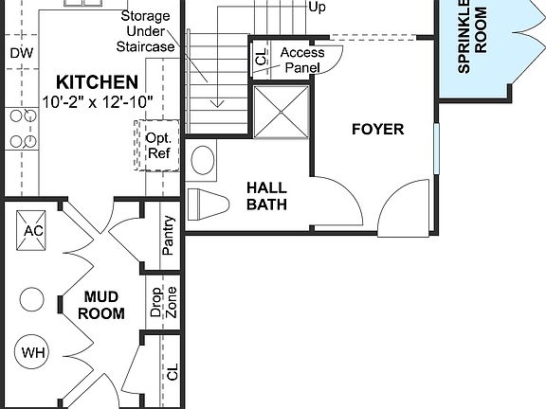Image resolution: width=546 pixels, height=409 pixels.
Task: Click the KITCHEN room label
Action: pos(96,82)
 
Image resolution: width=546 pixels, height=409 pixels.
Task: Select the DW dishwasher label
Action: pos(21,53)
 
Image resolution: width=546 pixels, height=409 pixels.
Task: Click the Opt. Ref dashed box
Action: pos(156,145)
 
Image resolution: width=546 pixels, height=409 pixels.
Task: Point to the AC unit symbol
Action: pos(33,230)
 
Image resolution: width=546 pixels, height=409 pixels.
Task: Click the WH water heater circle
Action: pos(33,353)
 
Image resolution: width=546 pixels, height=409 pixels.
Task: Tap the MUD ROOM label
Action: pos(101,305)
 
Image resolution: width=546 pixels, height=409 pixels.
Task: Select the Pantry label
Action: pos(168,238)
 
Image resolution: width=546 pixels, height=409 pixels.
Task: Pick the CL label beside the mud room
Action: pos(172,371)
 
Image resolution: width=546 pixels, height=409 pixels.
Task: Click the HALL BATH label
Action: pos(266,196)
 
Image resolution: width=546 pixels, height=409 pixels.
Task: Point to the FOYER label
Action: pos(377,129)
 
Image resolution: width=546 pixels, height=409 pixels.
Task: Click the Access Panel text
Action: pos(302,61)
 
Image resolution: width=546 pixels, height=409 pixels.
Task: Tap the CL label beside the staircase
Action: pos(262,58)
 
